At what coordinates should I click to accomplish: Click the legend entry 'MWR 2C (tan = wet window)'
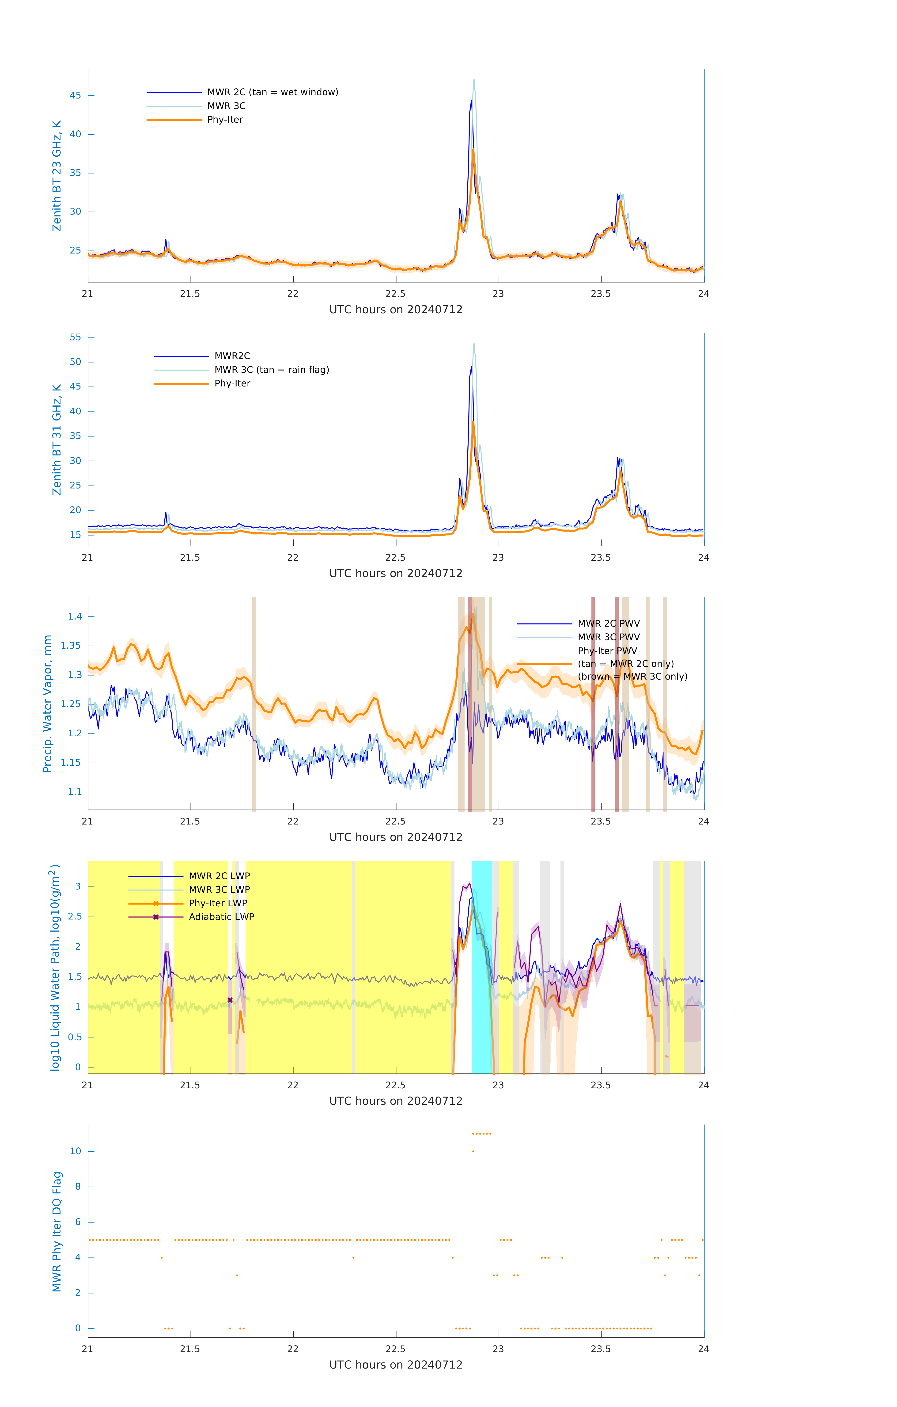(272, 92)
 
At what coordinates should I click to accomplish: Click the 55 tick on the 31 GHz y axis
(75, 337)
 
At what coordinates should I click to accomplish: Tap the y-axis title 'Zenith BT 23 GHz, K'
(57, 176)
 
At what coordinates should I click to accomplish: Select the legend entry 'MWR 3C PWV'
(608, 637)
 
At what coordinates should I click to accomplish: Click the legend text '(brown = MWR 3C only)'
(632, 677)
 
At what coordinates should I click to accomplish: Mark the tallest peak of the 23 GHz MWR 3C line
(474, 80)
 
